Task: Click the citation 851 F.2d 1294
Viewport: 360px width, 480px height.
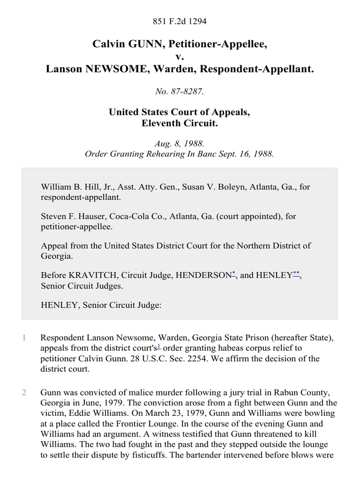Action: click(x=180, y=21)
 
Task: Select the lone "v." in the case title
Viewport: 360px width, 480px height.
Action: click(x=180, y=57)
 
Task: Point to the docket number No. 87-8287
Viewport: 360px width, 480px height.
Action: click(x=180, y=91)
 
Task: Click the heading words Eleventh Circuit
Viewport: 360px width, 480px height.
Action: click(x=180, y=124)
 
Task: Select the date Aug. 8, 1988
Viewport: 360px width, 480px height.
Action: click(x=180, y=143)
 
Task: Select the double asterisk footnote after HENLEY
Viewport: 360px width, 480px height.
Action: click(x=297, y=273)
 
